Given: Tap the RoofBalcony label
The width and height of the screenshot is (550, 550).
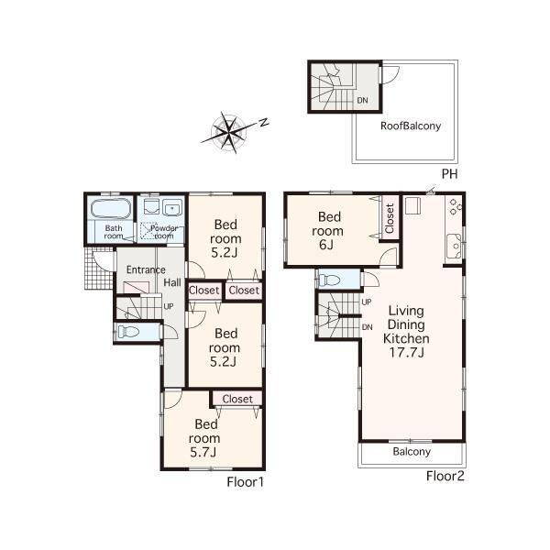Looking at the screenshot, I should (x=411, y=126).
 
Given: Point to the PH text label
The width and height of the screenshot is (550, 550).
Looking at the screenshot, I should (x=449, y=174).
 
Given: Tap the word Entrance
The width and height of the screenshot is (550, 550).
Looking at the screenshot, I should (x=145, y=269).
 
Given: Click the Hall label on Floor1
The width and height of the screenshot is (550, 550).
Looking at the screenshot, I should (x=172, y=283).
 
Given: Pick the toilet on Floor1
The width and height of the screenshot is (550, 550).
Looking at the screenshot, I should (x=129, y=332).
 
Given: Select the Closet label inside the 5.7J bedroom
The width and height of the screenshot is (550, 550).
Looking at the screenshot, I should (x=236, y=399).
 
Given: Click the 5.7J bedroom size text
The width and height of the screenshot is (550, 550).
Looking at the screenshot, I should (x=203, y=452).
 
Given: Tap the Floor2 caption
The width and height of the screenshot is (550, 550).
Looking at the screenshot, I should (x=443, y=476).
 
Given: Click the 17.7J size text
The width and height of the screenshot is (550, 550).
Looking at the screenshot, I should (x=405, y=352).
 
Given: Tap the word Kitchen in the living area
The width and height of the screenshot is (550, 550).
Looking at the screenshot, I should (x=405, y=338).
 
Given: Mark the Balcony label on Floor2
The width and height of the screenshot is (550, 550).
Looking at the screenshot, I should (x=412, y=452).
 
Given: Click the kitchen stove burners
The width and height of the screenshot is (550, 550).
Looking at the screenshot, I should (x=455, y=209).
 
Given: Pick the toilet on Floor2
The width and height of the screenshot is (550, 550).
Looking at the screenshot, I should (x=331, y=279).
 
